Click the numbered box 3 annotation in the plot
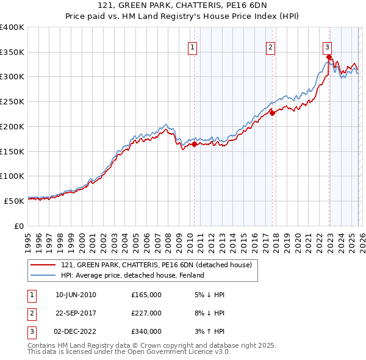tap(327, 46)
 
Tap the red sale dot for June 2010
tap(194, 145)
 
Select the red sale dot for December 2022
tap(328, 57)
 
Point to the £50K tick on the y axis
tap(14, 200)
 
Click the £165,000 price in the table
tap(146, 295)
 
